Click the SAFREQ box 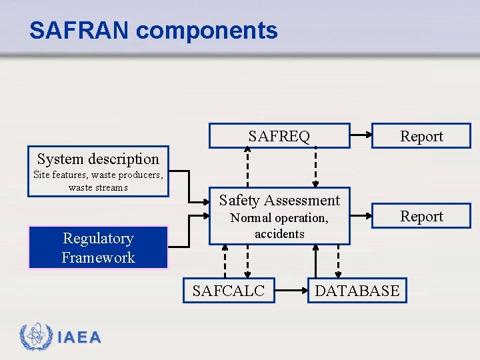click(x=279, y=136)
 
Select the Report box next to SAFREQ click(x=421, y=136)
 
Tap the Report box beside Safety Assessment click(x=421, y=216)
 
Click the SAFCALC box click(x=229, y=291)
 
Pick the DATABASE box click(x=357, y=291)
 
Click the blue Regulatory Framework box click(x=98, y=247)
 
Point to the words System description click(x=98, y=159)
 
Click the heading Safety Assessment click(x=279, y=200)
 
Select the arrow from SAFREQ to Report click(x=361, y=135)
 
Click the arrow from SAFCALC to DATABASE click(x=291, y=291)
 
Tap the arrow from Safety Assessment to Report click(x=361, y=215)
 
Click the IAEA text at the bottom click(x=79, y=338)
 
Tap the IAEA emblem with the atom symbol click(x=33, y=337)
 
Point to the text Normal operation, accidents click(x=279, y=225)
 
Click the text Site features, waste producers click(x=98, y=175)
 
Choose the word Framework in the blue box click(x=98, y=257)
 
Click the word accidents click(x=279, y=234)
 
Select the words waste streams click(x=98, y=187)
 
